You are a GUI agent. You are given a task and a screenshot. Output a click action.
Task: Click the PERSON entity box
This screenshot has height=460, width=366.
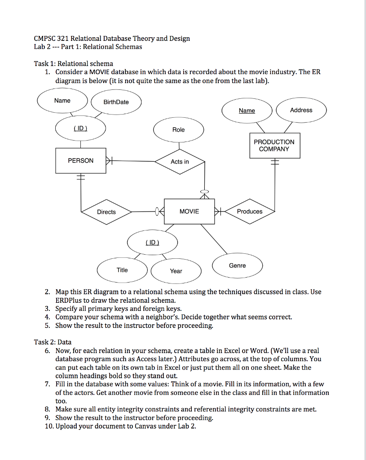[x=81, y=160]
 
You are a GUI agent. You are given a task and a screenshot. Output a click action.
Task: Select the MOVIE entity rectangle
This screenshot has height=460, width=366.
[x=189, y=211]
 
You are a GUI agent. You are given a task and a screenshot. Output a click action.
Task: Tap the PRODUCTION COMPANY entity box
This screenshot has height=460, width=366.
[x=274, y=146]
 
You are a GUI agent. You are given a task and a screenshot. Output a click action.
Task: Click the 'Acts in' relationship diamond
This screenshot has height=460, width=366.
[x=180, y=162]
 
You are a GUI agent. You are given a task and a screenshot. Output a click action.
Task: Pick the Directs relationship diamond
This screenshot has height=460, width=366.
[x=106, y=212]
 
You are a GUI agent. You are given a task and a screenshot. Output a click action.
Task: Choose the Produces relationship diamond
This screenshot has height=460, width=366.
[x=250, y=212]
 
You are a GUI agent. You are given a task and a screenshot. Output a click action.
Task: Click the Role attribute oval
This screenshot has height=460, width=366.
[x=178, y=130]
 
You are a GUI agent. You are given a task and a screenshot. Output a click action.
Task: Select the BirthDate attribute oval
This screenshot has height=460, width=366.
[x=116, y=102]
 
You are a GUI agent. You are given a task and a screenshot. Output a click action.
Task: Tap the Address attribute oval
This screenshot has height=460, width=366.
[x=301, y=110]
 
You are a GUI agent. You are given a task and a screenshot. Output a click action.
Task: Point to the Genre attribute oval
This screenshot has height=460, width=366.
[x=237, y=265]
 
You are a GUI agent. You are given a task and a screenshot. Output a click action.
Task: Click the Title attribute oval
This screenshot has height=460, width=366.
[x=122, y=270]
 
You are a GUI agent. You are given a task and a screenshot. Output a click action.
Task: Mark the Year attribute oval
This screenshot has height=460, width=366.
[x=176, y=271]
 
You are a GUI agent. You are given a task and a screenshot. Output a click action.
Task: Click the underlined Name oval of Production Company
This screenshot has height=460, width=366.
[x=247, y=111]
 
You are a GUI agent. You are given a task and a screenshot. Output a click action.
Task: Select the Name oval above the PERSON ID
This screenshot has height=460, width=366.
[x=62, y=101]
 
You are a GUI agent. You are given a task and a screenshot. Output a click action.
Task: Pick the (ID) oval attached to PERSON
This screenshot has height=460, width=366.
[x=80, y=128]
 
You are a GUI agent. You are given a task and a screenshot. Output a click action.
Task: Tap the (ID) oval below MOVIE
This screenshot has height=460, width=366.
[x=152, y=243]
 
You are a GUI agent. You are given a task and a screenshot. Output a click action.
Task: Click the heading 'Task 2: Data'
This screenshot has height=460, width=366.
[x=53, y=342]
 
